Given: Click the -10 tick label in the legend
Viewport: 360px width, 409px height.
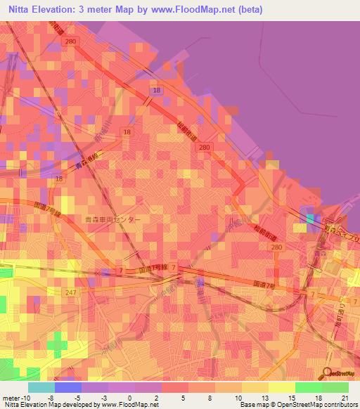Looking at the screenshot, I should click(24, 397).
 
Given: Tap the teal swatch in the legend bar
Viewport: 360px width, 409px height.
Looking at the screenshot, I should click(41, 387).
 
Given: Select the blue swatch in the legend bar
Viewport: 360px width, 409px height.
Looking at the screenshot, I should click(68, 387).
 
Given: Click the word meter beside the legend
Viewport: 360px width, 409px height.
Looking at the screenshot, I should click(9, 397).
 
